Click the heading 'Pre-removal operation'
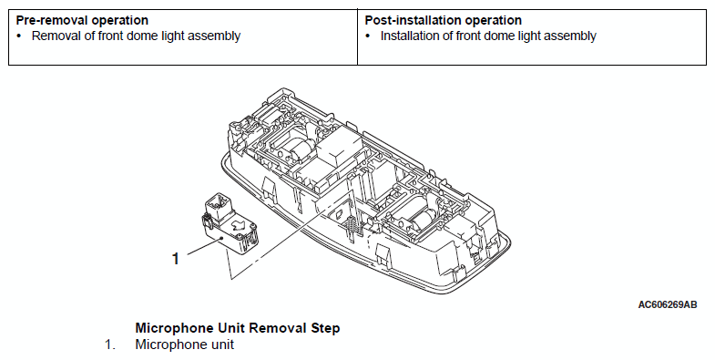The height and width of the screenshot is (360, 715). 82,21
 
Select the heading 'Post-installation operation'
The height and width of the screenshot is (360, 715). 444,21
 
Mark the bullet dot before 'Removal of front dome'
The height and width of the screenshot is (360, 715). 19,36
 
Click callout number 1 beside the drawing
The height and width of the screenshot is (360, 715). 176,259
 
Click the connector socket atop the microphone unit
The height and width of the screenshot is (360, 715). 219,204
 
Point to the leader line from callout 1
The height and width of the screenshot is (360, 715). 204,246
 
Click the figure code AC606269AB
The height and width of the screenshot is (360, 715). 668,304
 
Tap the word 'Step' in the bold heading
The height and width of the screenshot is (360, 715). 325,328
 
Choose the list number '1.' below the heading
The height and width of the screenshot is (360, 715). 110,345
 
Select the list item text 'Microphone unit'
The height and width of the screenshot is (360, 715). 185,345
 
